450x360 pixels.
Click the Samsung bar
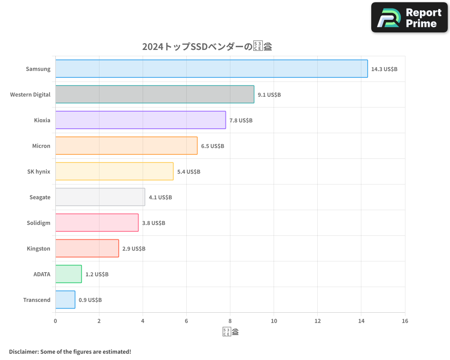[x=211, y=69]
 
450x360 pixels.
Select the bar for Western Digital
[x=154, y=94]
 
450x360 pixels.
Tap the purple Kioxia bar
[x=140, y=120]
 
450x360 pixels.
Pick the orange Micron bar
[x=126, y=146]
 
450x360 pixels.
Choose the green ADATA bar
[x=68, y=274]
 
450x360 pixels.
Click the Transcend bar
[x=65, y=300]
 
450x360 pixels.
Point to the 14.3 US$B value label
[x=384, y=69]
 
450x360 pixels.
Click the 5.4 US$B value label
[x=189, y=172]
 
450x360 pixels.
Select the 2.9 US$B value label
[x=134, y=249]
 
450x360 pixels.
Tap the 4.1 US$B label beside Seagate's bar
[x=160, y=198]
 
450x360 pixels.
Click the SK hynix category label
[x=39, y=172]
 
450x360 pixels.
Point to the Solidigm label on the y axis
[x=38, y=223]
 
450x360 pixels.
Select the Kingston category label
[x=38, y=249]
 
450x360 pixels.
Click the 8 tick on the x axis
[x=230, y=321]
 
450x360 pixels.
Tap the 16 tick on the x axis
[x=405, y=321]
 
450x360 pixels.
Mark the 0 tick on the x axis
[x=55, y=321]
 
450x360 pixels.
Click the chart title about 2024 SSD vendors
[x=207, y=46]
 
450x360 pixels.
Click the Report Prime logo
[x=409, y=18]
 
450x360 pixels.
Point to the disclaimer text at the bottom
[x=70, y=351]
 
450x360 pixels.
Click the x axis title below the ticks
[x=230, y=332]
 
